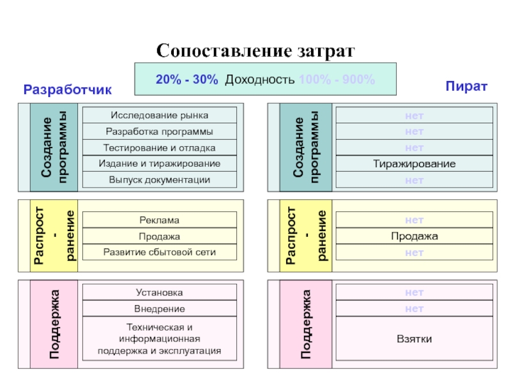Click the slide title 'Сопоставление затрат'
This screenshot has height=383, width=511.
pos(255,50)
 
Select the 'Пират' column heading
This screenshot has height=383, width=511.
pos(467,86)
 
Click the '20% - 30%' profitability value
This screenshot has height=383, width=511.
pos(187,79)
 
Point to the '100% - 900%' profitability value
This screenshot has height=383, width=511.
pos(337,79)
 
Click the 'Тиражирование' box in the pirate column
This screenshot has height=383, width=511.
pos(415,164)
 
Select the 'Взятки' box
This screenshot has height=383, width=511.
pos(415,338)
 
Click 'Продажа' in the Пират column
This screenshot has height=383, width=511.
pos(415,236)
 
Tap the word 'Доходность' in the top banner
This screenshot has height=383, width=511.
pos(261,79)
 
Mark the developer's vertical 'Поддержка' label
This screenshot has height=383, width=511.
pos(55,324)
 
